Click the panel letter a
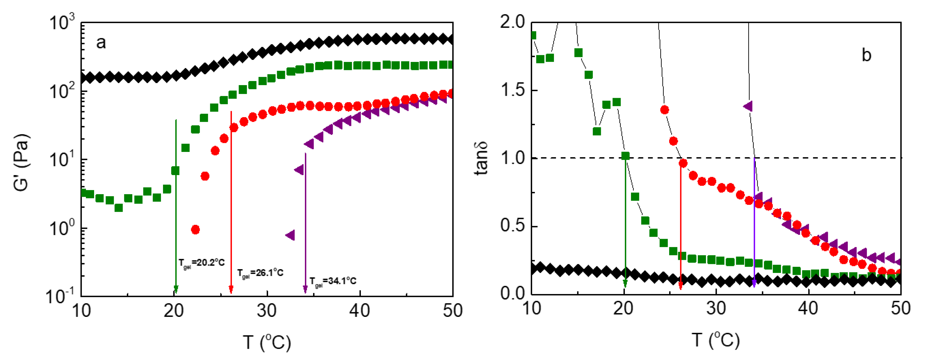pyautogui.click(x=101, y=43)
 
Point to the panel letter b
pyautogui.click(x=866, y=55)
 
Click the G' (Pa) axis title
pyautogui.click(x=21, y=162)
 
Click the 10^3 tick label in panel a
pyautogui.click(x=62, y=22)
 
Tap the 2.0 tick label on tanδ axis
pyautogui.click(x=512, y=22)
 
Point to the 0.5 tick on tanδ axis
pyautogui.click(x=512, y=226)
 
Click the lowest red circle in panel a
pyautogui.click(x=195, y=229)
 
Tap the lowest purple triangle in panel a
pyautogui.click(x=290, y=235)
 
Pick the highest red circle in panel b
pyautogui.click(x=664, y=110)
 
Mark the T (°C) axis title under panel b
pyautogui.click(x=715, y=340)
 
